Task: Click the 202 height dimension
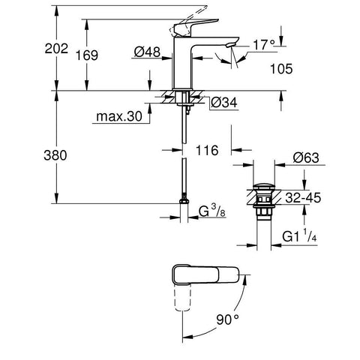point(56,49)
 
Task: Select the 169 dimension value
point(87,55)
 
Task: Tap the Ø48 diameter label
point(147,52)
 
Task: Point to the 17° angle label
point(264,45)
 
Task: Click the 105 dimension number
point(281,69)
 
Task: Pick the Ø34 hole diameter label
point(224,102)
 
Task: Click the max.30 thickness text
point(119,116)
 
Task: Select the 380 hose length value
point(55,155)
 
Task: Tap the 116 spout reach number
point(207,151)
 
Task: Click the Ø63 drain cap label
point(306,158)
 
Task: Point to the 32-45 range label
point(303,198)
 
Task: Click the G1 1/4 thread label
point(299,236)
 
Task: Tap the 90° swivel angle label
point(227,319)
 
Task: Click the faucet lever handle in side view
point(195,26)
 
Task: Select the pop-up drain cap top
point(264,187)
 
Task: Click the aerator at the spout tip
point(230,45)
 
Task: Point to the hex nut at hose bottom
point(184,201)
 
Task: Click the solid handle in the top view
point(205,275)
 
